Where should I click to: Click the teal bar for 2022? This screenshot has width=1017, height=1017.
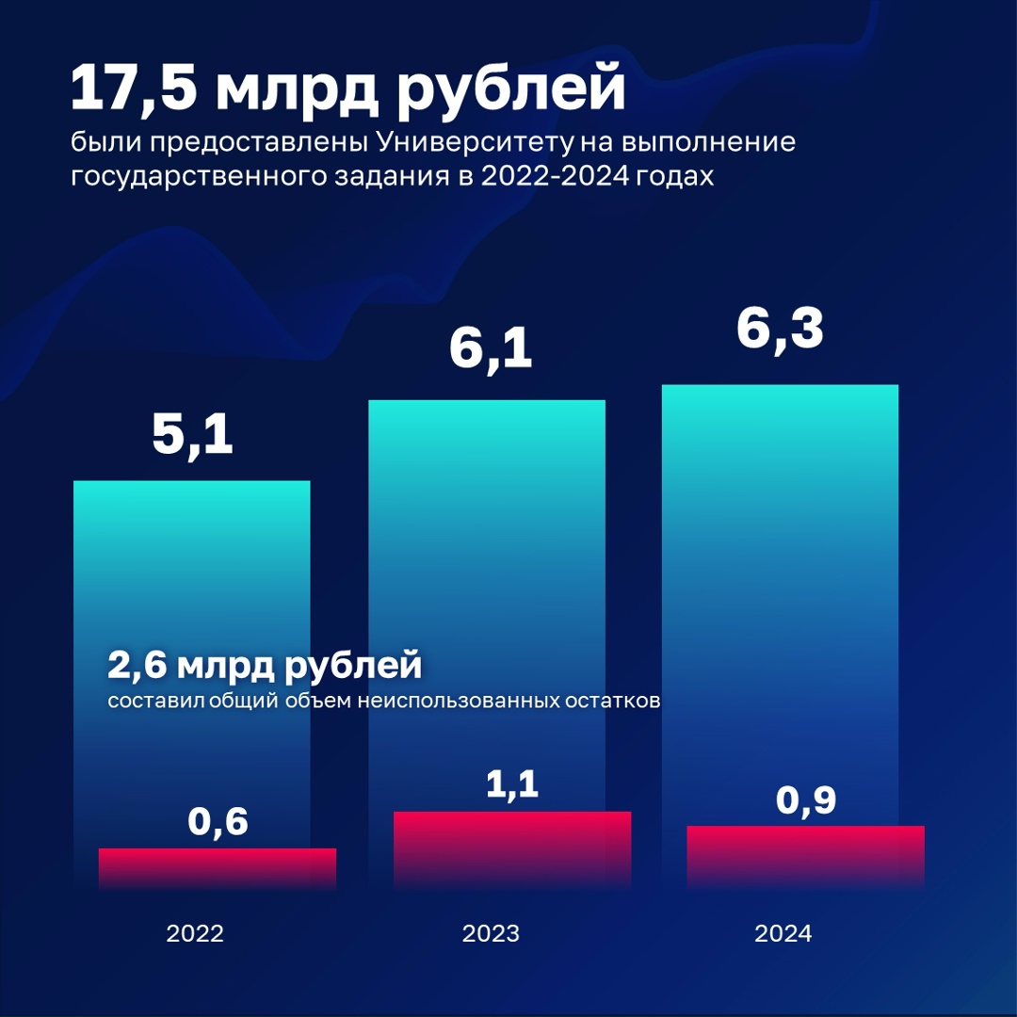[x=192, y=565]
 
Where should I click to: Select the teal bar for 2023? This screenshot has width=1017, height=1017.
[x=486, y=565]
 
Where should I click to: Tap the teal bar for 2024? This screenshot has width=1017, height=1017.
[x=780, y=565]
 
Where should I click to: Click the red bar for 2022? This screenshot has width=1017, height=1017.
[x=218, y=868]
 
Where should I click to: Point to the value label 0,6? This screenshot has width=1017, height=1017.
[x=218, y=822]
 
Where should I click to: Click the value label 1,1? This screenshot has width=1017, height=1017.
[x=512, y=783]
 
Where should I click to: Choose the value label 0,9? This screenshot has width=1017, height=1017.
[x=806, y=801]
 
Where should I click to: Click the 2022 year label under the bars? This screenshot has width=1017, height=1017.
[x=195, y=934]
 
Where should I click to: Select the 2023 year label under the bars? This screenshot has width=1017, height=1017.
[x=491, y=934]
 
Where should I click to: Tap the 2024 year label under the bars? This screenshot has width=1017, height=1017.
[x=783, y=934]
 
